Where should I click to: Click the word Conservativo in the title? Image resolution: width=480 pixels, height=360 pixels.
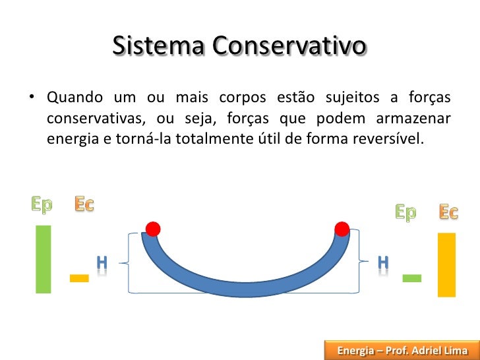(x=288, y=47)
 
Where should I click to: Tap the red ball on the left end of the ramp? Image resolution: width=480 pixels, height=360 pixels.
(x=153, y=229)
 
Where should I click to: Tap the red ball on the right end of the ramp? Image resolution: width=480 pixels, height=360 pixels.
(x=342, y=229)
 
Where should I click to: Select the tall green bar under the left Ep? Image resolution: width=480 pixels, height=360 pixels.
(x=44, y=258)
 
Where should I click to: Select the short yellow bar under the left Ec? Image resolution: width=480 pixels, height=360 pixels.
(x=79, y=278)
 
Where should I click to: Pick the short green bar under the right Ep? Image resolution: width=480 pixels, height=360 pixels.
(x=412, y=278)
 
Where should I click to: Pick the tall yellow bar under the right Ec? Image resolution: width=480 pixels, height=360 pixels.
(x=446, y=264)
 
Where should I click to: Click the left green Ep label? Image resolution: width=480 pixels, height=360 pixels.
(x=42, y=205)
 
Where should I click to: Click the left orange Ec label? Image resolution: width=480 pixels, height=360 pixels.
(x=84, y=204)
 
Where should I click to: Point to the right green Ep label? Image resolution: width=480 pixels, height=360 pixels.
(x=405, y=212)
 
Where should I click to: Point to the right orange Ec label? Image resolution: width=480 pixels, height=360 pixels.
(x=448, y=212)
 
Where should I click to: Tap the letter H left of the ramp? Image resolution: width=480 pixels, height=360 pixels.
(x=102, y=262)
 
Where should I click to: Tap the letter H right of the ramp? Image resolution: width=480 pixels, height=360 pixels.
(x=382, y=262)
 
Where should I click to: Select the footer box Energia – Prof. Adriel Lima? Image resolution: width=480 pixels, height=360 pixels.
(x=402, y=350)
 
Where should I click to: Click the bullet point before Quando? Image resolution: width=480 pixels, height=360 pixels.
(x=31, y=99)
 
